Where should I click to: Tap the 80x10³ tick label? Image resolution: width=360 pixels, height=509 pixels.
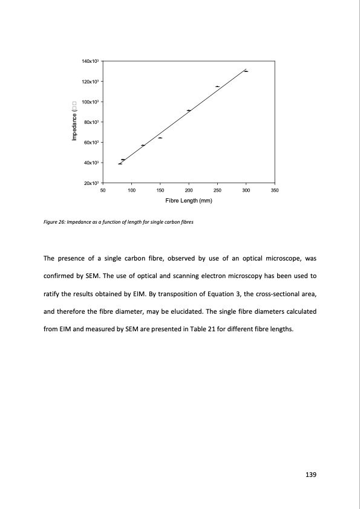coord(92,122)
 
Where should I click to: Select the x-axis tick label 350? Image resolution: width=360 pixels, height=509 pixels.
coord(275,190)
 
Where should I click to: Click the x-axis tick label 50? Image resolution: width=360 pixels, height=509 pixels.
coord(102,190)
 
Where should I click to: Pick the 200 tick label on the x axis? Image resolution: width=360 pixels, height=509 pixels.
coord(189,190)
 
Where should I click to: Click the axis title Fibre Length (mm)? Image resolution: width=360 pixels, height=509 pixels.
coord(188,201)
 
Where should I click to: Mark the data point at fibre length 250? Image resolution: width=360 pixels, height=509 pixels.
coord(217,86)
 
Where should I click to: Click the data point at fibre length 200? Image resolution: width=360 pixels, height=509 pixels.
coord(189,111)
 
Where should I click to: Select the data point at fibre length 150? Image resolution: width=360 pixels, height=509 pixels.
coord(160,138)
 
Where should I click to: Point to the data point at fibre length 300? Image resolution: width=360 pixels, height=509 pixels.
coord(246,71)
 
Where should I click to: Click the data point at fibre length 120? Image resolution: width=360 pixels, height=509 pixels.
coord(143,146)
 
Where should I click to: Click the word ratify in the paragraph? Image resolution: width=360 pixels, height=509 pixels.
coord(52,297)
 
